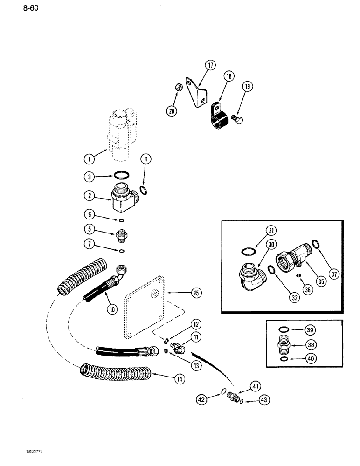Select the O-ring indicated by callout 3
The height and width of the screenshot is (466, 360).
(x=123, y=176)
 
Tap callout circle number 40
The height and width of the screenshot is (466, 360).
(x=310, y=360)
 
